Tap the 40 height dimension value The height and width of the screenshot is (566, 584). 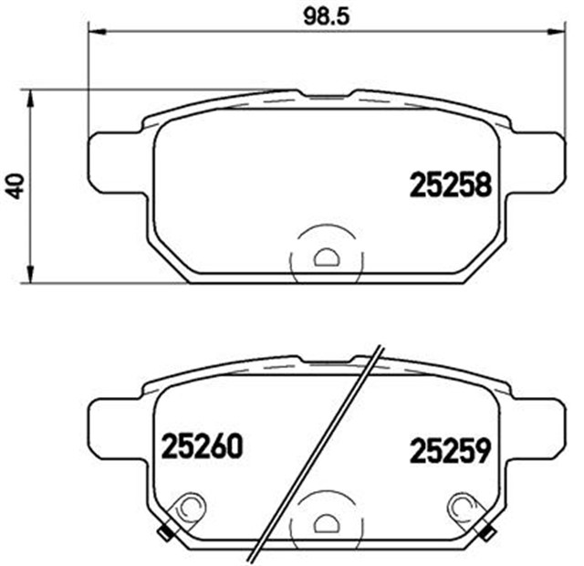[x=12, y=185]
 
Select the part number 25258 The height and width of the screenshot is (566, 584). [x=450, y=186]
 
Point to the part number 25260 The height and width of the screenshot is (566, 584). [x=202, y=447]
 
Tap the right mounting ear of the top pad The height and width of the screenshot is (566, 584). [x=533, y=163]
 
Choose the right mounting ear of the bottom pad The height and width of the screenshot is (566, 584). [x=533, y=427]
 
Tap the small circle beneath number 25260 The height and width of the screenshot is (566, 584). [x=191, y=505]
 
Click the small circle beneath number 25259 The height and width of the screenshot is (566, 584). [x=460, y=505]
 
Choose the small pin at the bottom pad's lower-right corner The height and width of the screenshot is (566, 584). [x=489, y=532]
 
